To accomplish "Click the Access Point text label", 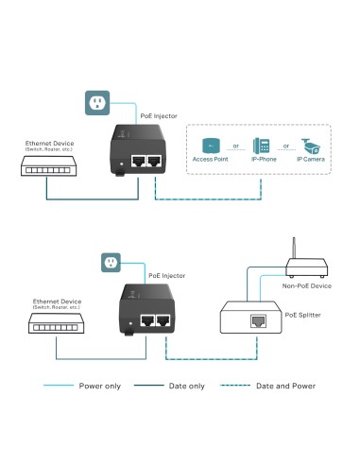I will (211, 162).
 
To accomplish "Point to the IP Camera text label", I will (313, 162).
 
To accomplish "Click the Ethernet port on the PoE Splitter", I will (257, 322).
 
